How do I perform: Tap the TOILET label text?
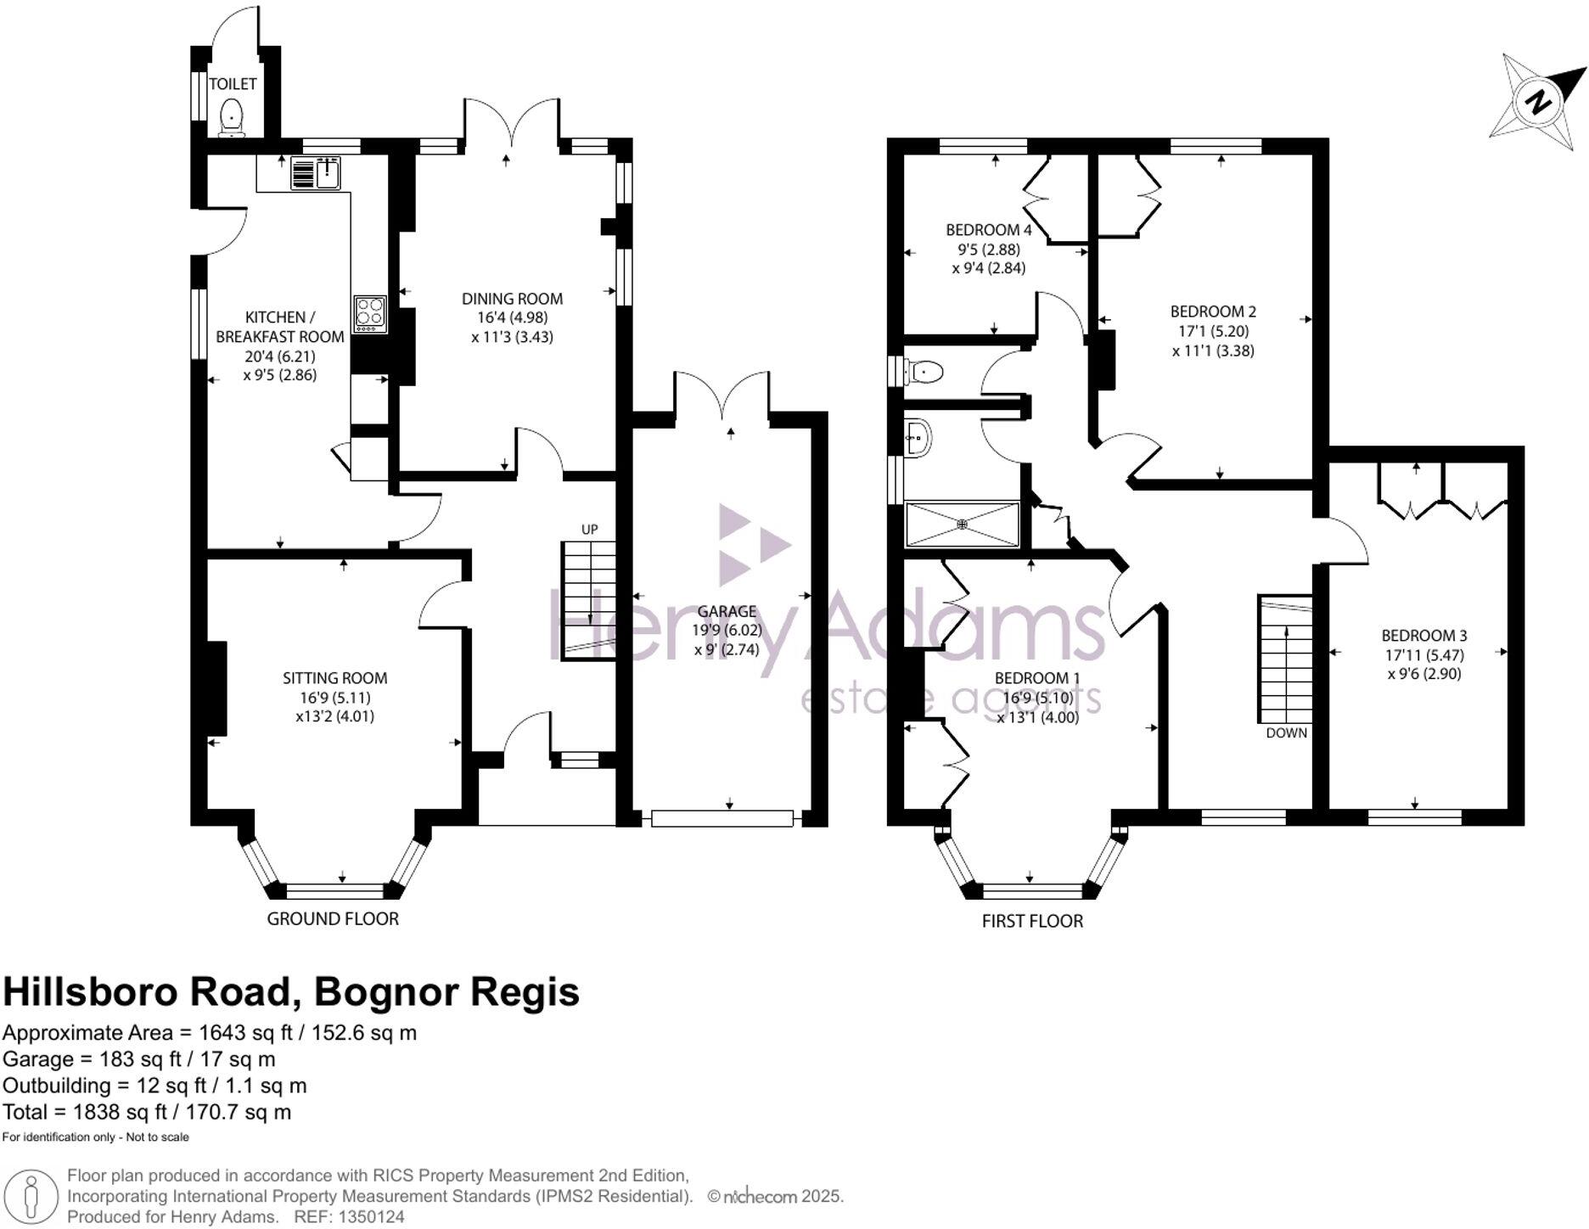tap(233, 84)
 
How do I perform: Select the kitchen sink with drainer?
tap(316, 172)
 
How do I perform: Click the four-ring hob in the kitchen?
tap(370, 313)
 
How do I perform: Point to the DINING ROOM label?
tap(512, 299)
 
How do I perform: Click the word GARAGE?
tap(727, 611)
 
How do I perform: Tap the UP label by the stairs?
tap(589, 530)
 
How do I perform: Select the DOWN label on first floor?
tap(1287, 733)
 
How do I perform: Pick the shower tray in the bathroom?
tap(962, 525)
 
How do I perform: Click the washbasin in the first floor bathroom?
tap(918, 438)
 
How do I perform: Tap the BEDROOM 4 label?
tap(989, 230)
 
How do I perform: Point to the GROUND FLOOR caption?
tap(333, 918)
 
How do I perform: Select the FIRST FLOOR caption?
tap(1032, 921)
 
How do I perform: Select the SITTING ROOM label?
tap(335, 678)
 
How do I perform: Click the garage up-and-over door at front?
tap(722, 818)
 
